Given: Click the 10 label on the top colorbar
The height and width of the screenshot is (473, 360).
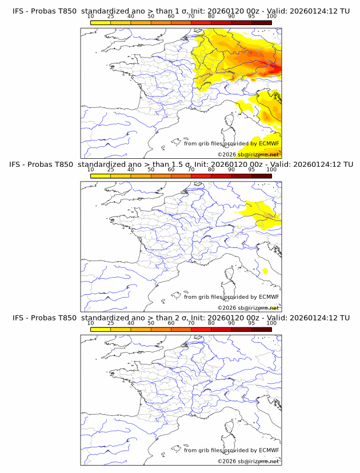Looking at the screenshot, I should [90, 17].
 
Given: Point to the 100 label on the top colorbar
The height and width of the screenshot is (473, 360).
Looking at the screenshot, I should [271, 17].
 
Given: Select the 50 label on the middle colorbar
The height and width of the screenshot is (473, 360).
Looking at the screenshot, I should [151, 170].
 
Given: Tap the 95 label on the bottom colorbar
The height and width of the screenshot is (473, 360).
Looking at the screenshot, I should [251, 323].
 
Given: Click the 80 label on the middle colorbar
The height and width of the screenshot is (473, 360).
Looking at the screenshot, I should [211, 170].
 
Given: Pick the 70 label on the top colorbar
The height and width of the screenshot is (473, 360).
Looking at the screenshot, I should [191, 17].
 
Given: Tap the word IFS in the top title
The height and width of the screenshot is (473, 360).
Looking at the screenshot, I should [19, 11].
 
